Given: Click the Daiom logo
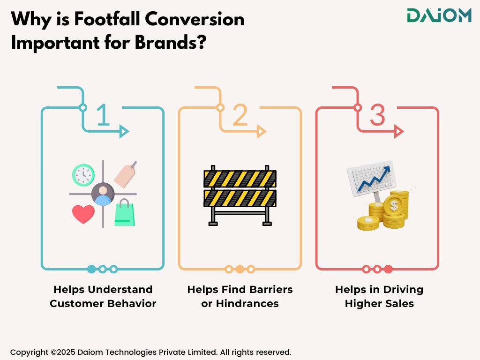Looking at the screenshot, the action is (x=439, y=15).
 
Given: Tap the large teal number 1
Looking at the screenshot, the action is (x=104, y=115).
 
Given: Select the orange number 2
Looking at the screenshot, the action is (x=240, y=115).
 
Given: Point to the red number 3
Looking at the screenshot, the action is (x=377, y=115).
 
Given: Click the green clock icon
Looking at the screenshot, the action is (x=83, y=175).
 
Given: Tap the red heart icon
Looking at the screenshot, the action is (x=83, y=214).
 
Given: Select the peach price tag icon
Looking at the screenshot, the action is (x=125, y=174).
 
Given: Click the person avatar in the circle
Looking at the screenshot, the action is (x=103, y=194).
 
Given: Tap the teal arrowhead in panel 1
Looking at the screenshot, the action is (x=124, y=132).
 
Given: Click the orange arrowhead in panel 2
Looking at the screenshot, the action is (x=261, y=132).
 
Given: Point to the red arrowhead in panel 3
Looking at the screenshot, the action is (x=398, y=132).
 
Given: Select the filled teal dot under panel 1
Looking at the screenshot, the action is (x=91, y=269).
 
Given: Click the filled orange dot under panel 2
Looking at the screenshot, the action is (x=240, y=269).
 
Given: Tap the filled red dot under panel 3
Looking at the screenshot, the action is (x=389, y=269).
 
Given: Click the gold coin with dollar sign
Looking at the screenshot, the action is (x=394, y=206).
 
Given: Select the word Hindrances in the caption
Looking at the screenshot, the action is (x=247, y=303).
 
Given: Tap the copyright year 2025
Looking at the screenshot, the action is (x=66, y=352).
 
